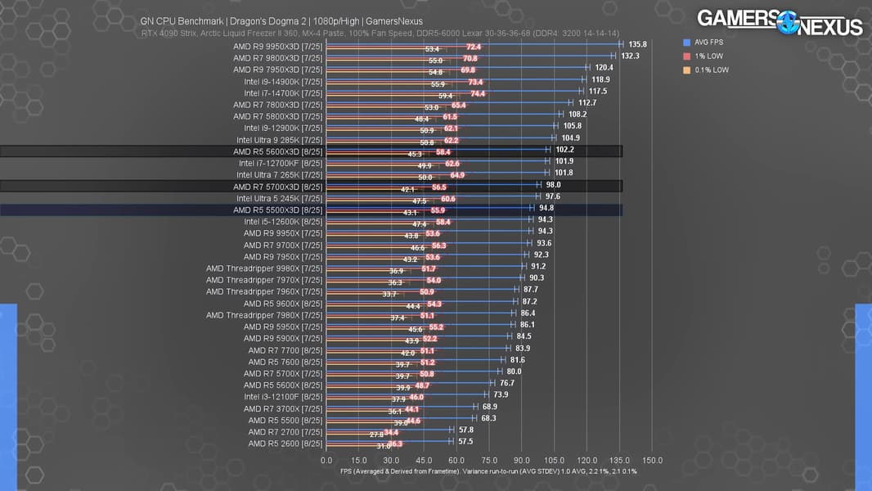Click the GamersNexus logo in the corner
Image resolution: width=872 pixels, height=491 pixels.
click(x=779, y=22)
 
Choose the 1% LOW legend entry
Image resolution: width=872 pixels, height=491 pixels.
click(x=705, y=56)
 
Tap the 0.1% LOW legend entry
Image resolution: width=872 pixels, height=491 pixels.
click(x=708, y=70)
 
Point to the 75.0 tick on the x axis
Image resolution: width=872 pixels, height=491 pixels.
click(x=488, y=460)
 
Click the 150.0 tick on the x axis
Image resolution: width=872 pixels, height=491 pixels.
click(x=652, y=460)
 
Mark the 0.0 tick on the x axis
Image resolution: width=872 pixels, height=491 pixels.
click(x=326, y=460)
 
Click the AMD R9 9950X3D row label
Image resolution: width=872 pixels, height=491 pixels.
click(x=278, y=47)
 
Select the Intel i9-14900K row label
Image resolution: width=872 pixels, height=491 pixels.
click(x=283, y=82)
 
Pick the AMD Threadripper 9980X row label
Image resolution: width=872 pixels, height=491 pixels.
click(x=264, y=268)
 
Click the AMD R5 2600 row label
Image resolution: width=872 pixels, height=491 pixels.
click(x=285, y=444)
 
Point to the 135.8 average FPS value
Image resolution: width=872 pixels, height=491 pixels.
click(x=637, y=44)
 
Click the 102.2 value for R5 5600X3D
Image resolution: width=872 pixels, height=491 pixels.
click(x=564, y=150)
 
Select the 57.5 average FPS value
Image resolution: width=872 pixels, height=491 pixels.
click(x=465, y=441)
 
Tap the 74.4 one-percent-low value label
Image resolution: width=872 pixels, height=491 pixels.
click(x=477, y=93)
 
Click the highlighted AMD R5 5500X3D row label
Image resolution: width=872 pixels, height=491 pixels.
click(x=278, y=209)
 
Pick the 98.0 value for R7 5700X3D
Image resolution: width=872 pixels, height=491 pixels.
click(x=553, y=185)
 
